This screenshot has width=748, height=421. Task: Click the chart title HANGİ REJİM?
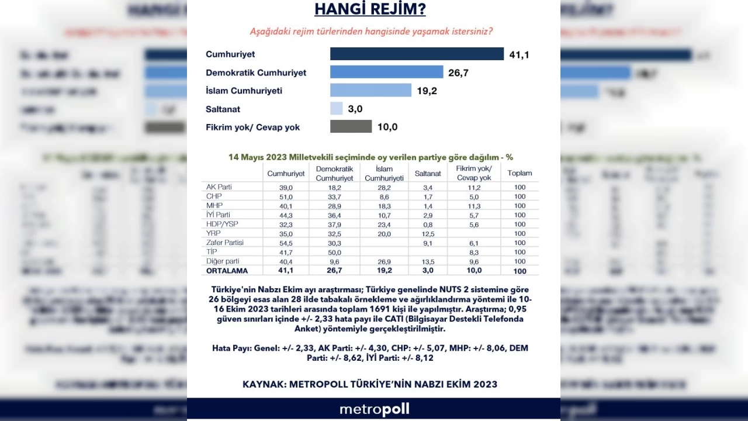pyautogui.click(x=370, y=9)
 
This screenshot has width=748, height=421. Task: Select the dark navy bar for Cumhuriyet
pyautogui.click(x=417, y=54)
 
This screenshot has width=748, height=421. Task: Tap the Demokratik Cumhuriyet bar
pyautogui.click(x=386, y=72)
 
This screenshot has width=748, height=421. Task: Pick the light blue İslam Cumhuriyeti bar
pyautogui.click(x=370, y=90)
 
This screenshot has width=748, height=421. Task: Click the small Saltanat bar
pyautogui.click(x=336, y=108)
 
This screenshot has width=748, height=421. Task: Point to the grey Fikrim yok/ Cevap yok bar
pyautogui.click(x=351, y=126)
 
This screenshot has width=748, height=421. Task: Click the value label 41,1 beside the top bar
pyautogui.click(x=519, y=54)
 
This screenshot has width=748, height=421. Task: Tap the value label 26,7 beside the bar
pyautogui.click(x=459, y=73)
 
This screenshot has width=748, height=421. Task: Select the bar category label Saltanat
pyautogui.click(x=223, y=109)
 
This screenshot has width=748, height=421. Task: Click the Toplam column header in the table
pyautogui.click(x=520, y=173)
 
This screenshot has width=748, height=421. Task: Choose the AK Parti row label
pyautogui.click(x=219, y=187)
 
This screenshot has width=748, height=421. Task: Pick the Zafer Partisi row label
pyautogui.click(x=225, y=243)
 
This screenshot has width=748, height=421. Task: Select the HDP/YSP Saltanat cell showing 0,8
pyautogui.click(x=428, y=224)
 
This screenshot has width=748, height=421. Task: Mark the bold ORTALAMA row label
pyautogui.click(x=227, y=271)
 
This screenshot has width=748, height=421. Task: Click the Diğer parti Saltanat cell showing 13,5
pyautogui.click(x=428, y=261)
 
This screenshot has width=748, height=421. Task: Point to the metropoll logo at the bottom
pyautogui.click(x=374, y=409)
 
